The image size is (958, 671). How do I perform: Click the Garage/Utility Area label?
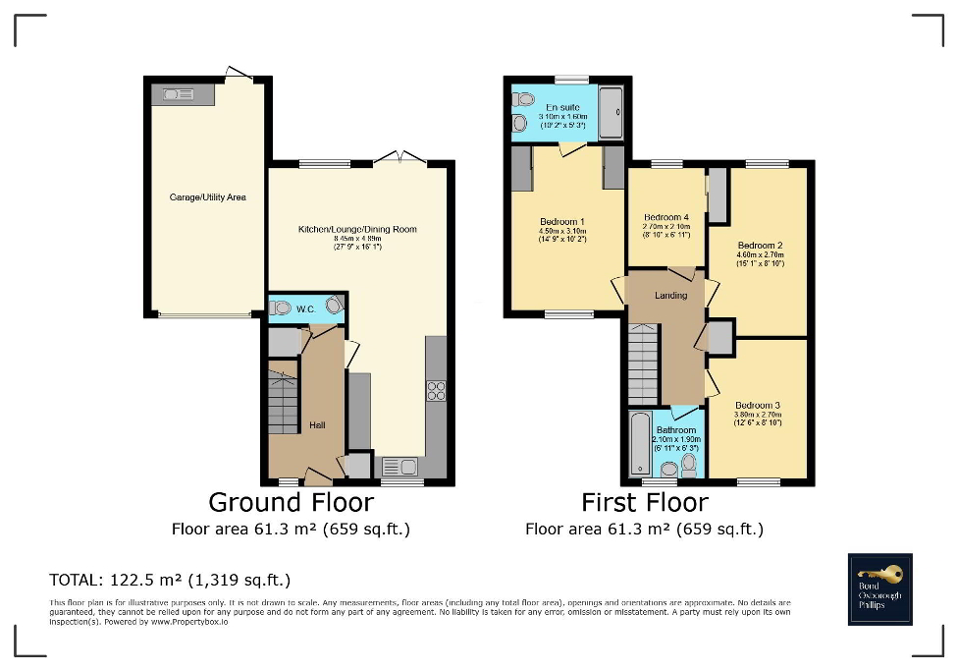(207, 197)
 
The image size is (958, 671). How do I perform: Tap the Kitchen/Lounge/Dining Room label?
(357, 230)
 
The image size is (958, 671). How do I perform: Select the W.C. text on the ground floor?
(304, 308)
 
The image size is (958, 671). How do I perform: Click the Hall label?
(317, 424)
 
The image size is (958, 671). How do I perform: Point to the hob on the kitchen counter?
(436, 390)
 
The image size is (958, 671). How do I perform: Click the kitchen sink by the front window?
(397, 466)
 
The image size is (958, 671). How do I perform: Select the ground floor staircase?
(283, 397)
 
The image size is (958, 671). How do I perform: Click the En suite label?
(560, 107)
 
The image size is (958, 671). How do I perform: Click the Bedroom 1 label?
(562, 222)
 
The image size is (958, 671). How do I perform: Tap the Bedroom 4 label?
(665, 217)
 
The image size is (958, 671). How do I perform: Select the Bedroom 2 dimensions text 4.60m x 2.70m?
(760, 255)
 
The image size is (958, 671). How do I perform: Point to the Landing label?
(672, 295)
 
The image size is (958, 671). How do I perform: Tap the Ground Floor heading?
(291, 502)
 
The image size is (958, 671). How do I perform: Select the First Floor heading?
(644, 502)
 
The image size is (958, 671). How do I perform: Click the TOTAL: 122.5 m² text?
(170, 579)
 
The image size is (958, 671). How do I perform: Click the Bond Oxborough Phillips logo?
(879, 588)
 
